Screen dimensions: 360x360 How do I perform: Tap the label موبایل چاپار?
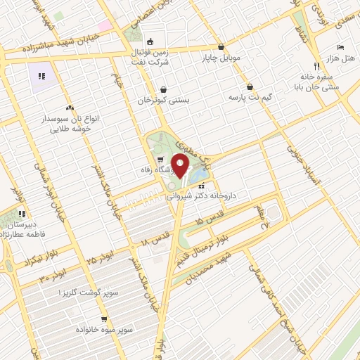222,56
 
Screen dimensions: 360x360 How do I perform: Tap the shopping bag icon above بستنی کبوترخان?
164,90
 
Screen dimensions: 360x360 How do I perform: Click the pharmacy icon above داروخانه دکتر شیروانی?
202,186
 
